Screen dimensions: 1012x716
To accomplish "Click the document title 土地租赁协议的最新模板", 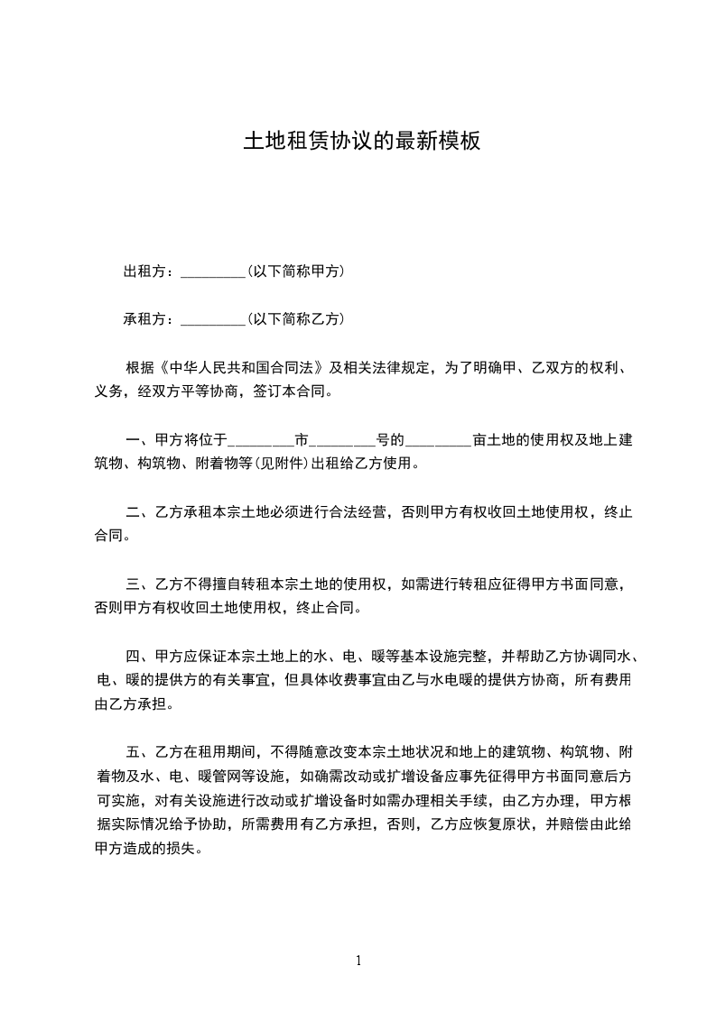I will click(x=361, y=142).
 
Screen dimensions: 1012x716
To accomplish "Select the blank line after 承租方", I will click(x=213, y=319).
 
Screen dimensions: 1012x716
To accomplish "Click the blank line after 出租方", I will click(x=213, y=271).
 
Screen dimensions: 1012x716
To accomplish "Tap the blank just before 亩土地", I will click(x=438, y=441).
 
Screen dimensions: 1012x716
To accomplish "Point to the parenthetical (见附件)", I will click(x=277, y=465).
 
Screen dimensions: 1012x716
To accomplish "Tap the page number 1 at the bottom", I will click(x=358, y=961).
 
